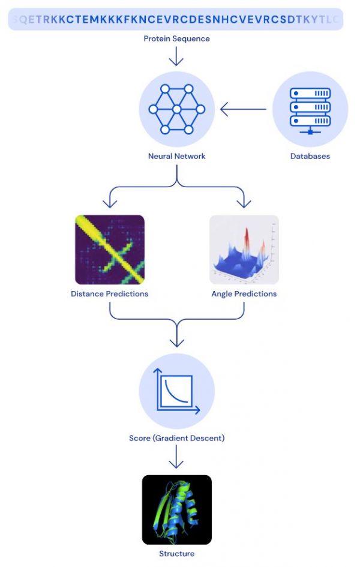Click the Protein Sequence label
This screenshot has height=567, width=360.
pyautogui.click(x=176, y=39)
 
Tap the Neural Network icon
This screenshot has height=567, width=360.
pyautogui.click(x=176, y=109)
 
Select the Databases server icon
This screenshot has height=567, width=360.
pyautogui.click(x=310, y=110)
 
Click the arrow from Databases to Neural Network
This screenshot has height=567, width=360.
pyautogui.click(x=243, y=110)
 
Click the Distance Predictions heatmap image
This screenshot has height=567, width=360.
pyautogui.click(x=109, y=249)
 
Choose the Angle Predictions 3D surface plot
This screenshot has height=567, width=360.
pyautogui.click(x=244, y=249)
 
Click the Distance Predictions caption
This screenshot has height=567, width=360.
pyautogui.click(x=109, y=294)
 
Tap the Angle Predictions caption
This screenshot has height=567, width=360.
pyautogui.click(x=244, y=294)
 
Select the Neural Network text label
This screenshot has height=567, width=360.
pyautogui.click(x=176, y=156)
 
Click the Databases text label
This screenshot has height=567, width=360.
pyautogui.click(x=310, y=156)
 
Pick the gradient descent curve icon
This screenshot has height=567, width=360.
pyautogui.click(x=176, y=391)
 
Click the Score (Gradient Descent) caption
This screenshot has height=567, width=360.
pyautogui.click(x=176, y=438)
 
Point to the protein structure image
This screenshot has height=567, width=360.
pyautogui.click(x=176, y=509)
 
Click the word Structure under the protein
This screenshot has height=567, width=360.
pyautogui.click(x=176, y=554)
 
